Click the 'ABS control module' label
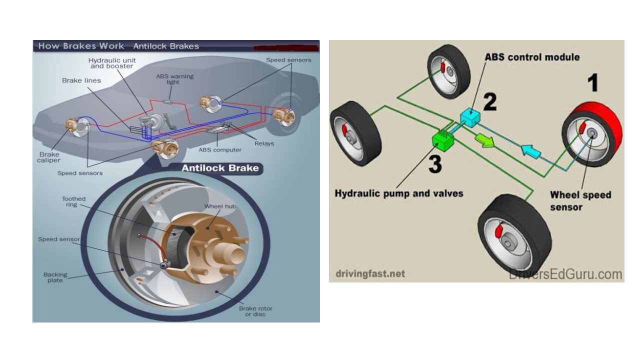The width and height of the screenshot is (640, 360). pos(532,57)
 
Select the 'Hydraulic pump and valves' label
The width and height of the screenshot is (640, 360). pos(399,193)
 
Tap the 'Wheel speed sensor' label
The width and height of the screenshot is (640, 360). pos(580,200)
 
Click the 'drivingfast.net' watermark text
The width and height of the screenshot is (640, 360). pos(369,273)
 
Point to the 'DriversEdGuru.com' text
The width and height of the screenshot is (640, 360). pos(565,274)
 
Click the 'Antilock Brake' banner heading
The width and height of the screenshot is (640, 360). pos(220,168)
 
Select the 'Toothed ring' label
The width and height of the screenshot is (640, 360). pos(73,201)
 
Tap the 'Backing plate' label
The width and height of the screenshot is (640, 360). pos(55,277)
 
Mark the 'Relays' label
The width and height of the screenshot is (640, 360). pos(263,143)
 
